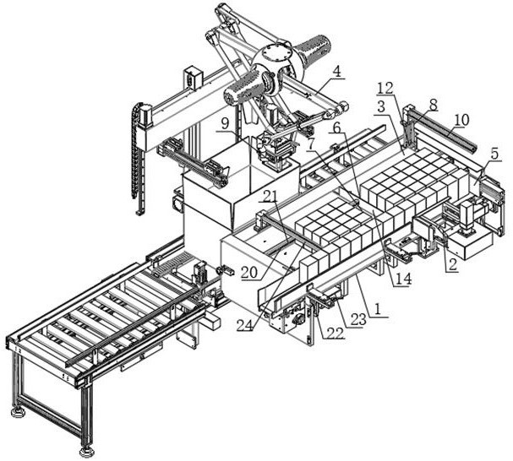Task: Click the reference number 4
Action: coord(336,72)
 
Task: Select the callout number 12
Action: coord(386,89)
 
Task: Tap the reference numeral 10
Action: coord(461,120)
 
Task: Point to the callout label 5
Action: coord(494,154)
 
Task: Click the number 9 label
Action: coord(225,123)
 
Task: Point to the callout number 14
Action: coord(403,279)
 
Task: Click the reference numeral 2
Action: coord(452,264)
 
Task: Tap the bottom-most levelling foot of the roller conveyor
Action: coord(85,453)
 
